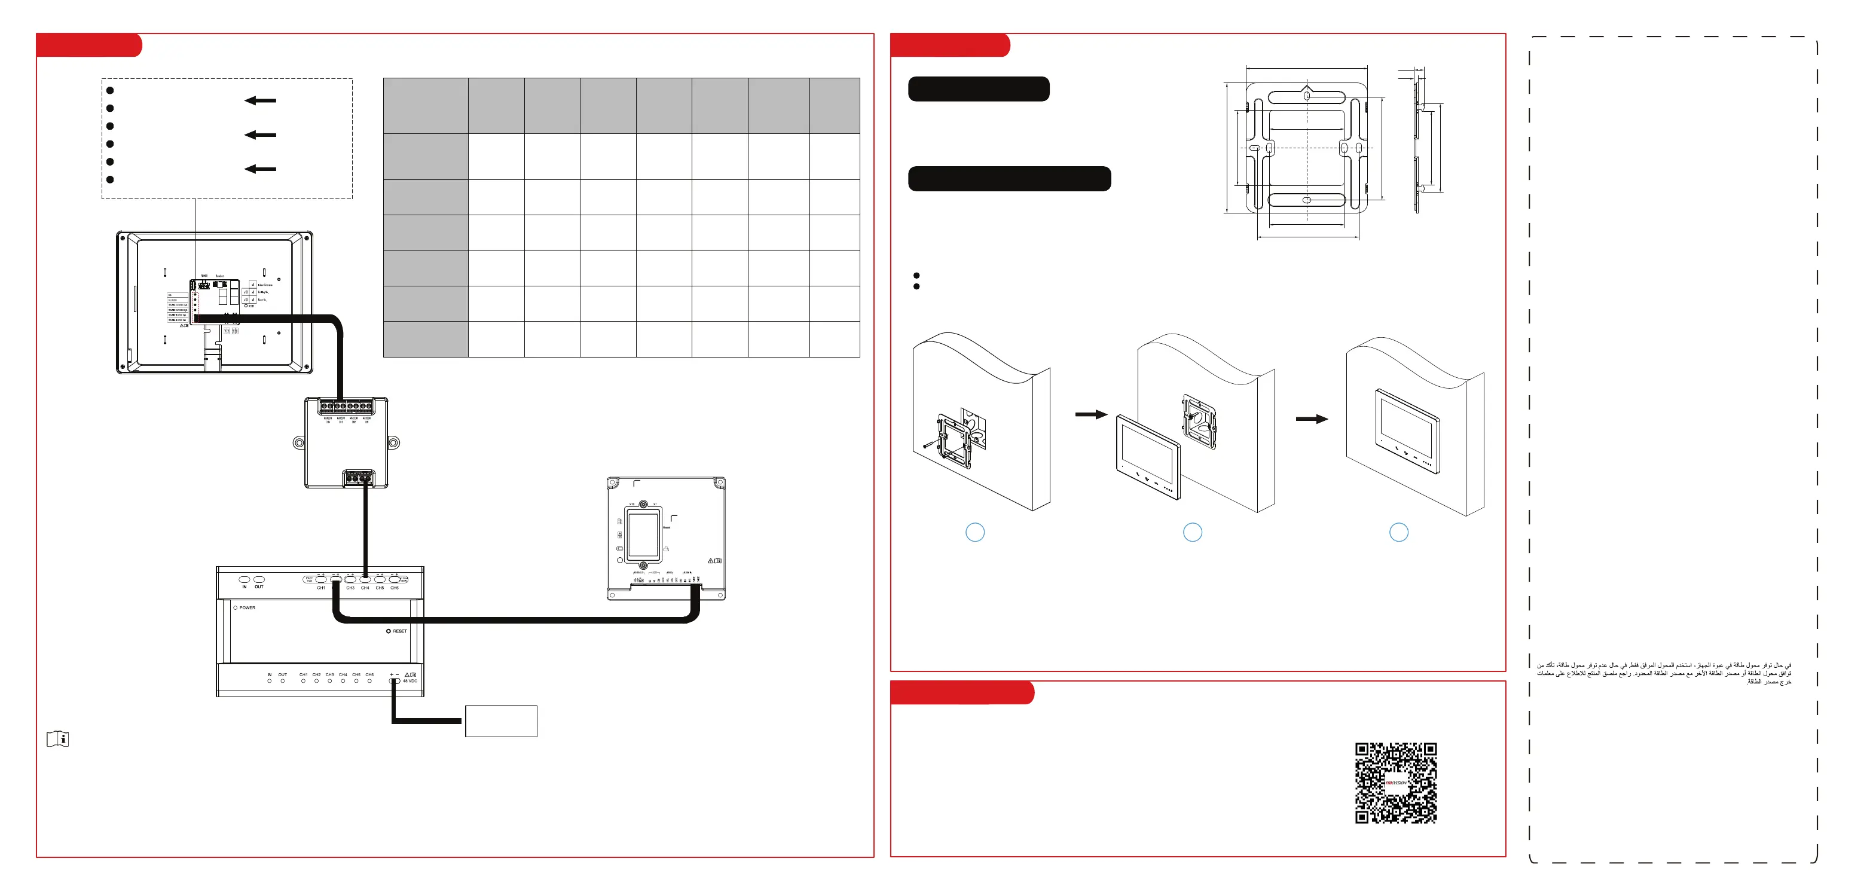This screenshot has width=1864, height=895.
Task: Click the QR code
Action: pos(1395,783)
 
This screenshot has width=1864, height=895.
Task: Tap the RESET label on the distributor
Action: pos(399,631)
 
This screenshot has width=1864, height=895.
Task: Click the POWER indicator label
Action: pos(247,608)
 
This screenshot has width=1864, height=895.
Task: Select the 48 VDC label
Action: pos(410,681)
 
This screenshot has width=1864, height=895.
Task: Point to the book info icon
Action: pos(58,739)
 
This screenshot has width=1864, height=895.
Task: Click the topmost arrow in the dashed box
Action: pos(261,100)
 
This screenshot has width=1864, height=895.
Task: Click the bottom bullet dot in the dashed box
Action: pos(110,179)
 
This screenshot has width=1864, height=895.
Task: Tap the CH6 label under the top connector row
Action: pos(395,588)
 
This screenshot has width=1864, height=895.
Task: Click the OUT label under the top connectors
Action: pos(259,587)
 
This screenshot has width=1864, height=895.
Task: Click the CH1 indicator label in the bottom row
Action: pos(303,674)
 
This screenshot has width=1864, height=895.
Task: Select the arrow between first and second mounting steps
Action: pos(1090,414)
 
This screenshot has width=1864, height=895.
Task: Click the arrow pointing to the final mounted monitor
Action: pos(1311,419)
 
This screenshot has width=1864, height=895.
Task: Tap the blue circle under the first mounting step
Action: pos(974,533)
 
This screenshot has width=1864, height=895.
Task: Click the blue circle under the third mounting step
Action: pos(1399,533)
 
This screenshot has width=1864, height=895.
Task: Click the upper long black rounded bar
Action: pos(978,89)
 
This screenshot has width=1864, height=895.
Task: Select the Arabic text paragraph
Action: pos(1664,673)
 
